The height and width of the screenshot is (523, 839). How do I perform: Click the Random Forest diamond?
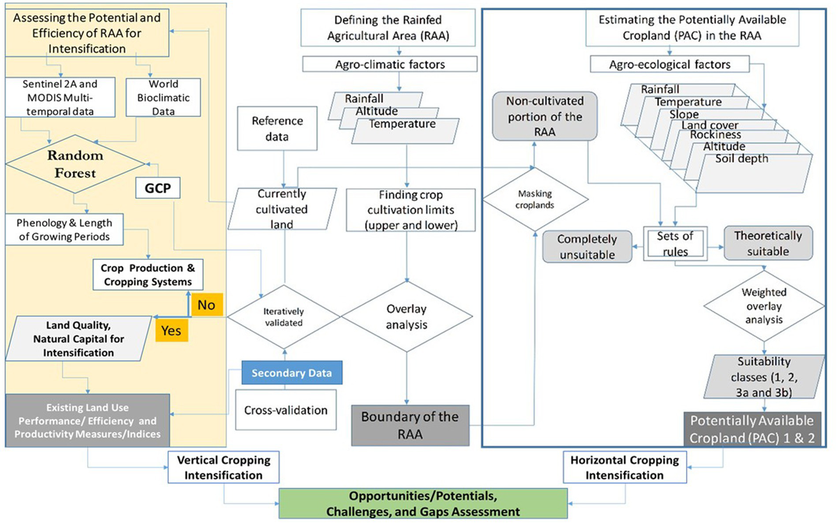tap(75, 164)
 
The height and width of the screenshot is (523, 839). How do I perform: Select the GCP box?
tap(157, 188)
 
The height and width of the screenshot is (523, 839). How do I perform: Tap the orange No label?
tap(206, 305)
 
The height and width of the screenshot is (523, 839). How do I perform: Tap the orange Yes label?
tap(171, 331)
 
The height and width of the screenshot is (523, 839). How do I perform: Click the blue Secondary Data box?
tap(291, 373)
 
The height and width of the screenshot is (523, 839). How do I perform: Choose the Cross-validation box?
tap(286, 410)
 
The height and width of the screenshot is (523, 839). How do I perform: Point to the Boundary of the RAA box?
tap(410, 425)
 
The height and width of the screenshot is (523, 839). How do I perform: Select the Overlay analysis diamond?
tap(406, 316)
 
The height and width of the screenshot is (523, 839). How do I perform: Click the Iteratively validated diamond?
tap(284, 317)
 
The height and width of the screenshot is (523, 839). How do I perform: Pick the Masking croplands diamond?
tap(535, 199)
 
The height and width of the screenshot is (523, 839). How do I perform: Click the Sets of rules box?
tap(675, 244)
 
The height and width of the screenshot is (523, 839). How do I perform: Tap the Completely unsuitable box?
tap(587, 247)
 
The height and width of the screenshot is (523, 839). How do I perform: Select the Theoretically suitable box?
tap(768, 244)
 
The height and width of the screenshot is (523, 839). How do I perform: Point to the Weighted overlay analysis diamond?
tap(764, 306)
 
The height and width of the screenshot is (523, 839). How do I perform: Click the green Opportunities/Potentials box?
tap(423, 504)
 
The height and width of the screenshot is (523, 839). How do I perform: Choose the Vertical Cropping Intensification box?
tap(224, 467)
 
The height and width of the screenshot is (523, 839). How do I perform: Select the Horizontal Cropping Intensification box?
tap(625, 467)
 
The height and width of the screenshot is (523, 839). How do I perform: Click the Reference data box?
tap(277, 129)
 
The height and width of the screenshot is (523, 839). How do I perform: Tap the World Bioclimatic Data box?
tap(163, 97)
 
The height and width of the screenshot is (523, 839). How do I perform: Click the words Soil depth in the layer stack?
tap(742, 159)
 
